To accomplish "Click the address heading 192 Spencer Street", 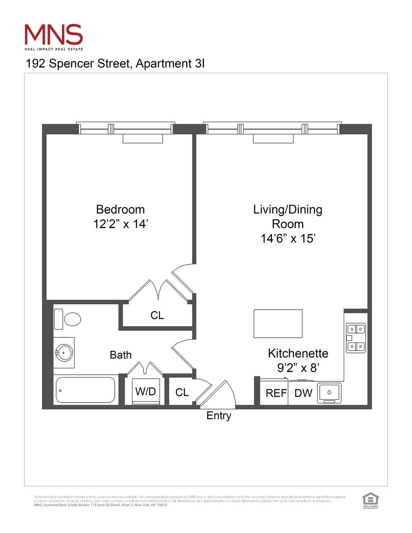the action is (115, 64).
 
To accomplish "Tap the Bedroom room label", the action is (120, 210).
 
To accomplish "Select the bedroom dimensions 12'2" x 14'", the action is (121, 224).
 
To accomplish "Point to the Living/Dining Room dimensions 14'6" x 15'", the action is (288, 239).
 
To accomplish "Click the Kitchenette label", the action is (298, 354).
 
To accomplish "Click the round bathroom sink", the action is (64, 353).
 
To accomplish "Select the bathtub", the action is (85, 390).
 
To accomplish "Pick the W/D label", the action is (146, 391).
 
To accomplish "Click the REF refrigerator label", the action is (276, 393).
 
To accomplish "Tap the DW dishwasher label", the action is (303, 393).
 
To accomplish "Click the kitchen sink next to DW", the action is (330, 393).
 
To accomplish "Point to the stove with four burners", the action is (356, 338).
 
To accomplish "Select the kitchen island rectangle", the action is (278, 323).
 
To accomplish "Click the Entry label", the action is (219, 416).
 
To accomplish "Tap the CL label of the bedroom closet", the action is (157, 315).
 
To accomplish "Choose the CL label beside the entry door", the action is (182, 393).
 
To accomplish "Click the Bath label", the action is (121, 355).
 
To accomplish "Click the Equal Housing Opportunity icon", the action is (371, 500).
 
